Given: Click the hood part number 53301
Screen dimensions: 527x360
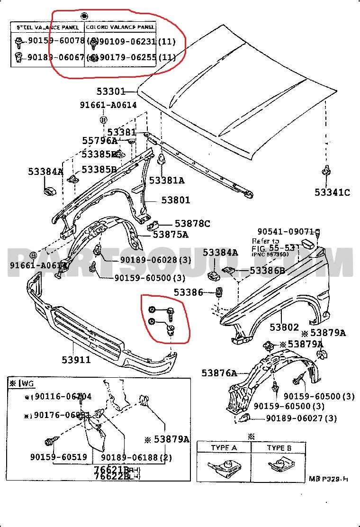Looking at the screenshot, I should point(111,91).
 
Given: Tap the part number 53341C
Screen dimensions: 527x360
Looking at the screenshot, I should point(332,192).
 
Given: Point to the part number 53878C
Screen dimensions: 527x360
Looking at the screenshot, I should point(192,223).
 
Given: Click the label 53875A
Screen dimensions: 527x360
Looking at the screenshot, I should point(171,234).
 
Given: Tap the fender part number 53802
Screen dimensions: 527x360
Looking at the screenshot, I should point(284,327).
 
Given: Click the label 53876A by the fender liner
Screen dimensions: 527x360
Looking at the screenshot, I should point(219,373).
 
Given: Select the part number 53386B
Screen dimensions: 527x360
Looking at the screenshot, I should point(267,271).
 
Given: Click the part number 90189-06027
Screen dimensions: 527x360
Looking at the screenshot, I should point(301,418).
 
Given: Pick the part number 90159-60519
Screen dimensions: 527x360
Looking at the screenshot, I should point(58,457).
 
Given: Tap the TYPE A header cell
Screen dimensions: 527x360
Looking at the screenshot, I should point(225,448).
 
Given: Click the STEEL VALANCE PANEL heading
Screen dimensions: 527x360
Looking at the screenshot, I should point(48,27).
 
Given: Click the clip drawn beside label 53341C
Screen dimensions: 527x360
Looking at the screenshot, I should point(326,171).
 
